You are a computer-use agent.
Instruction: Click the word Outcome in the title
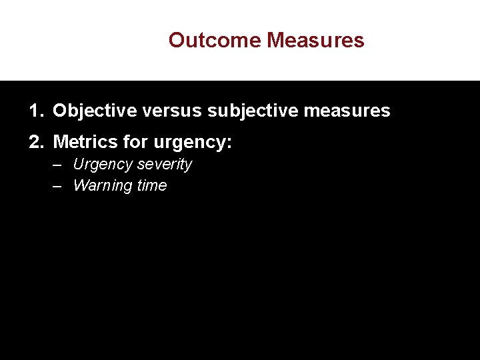coord(215,40)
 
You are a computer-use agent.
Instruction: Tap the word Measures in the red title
coord(315,40)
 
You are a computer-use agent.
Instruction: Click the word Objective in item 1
coord(95,111)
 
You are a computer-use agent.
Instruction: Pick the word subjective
coord(254,111)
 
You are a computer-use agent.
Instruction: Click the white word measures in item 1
coord(349,111)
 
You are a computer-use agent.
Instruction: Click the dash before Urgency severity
coord(58,165)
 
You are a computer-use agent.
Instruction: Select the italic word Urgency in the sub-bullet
coord(102,165)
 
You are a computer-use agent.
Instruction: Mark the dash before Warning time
coord(58,186)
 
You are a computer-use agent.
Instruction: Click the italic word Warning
coord(102,186)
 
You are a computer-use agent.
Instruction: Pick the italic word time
coord(152,186)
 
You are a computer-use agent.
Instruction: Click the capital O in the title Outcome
coord(176,40)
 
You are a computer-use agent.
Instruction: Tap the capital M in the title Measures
coord(275,40)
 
